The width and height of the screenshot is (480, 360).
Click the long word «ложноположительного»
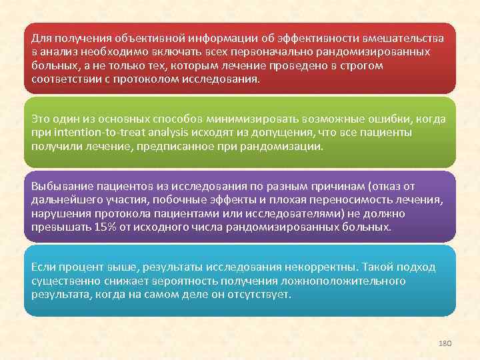pyautogui.click(x=355, y=281)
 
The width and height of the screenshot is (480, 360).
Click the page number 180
pyautogui.click(x=445, y=342)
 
